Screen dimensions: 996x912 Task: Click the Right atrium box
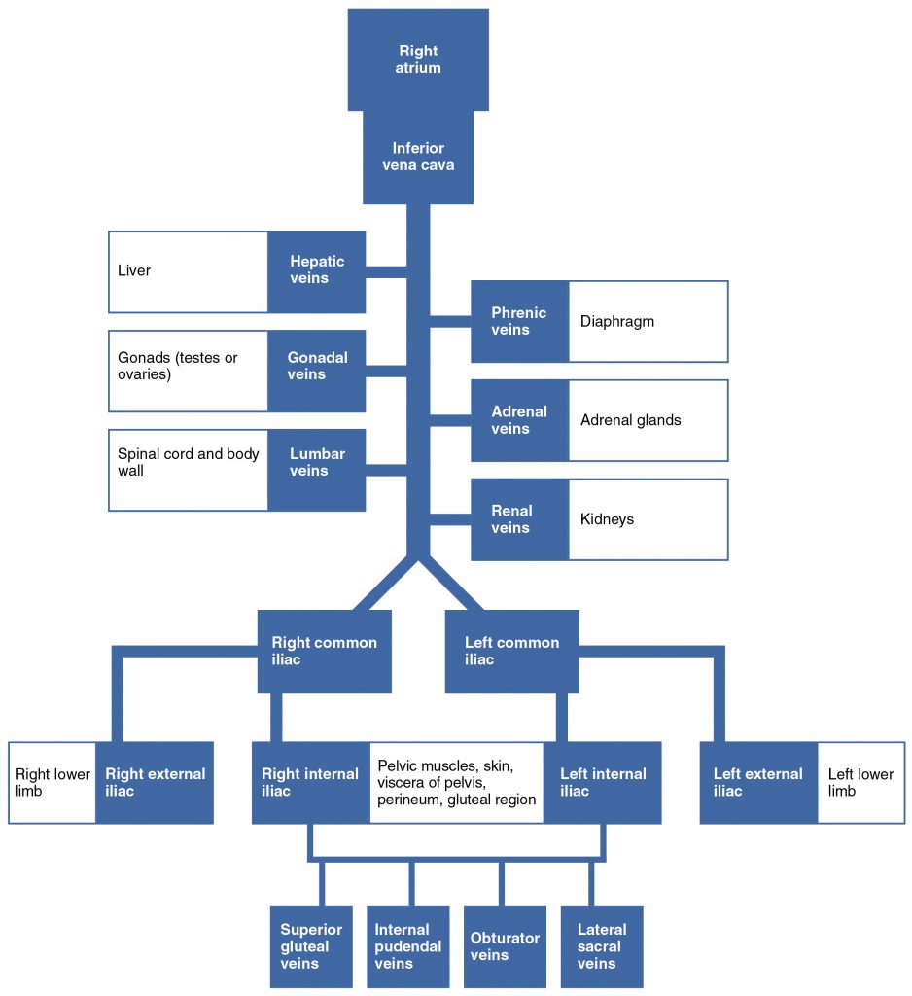point(418,59)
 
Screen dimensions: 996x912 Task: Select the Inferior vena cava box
point(418,157)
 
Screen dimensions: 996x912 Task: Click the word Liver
point(134,270)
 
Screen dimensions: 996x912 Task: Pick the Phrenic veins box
point(519,321)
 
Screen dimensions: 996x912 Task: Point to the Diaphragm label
point(617,321)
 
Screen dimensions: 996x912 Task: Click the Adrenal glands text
point(630,420)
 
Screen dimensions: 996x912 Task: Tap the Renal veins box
point(519,519)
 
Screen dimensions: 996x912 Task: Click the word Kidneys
point(607,519)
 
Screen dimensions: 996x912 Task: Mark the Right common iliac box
point(324,651)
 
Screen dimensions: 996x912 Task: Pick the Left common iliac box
point(511,651)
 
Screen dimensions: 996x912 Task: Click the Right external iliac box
point(155,783)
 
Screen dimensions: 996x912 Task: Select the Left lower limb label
point(859,783)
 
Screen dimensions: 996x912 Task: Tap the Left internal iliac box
point(602,783)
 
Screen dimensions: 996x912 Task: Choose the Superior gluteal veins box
point(311,946)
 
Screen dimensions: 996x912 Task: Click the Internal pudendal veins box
point(408,946)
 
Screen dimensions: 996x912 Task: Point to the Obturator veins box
point(505,946)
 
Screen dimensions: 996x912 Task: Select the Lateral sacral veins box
point(602,946)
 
